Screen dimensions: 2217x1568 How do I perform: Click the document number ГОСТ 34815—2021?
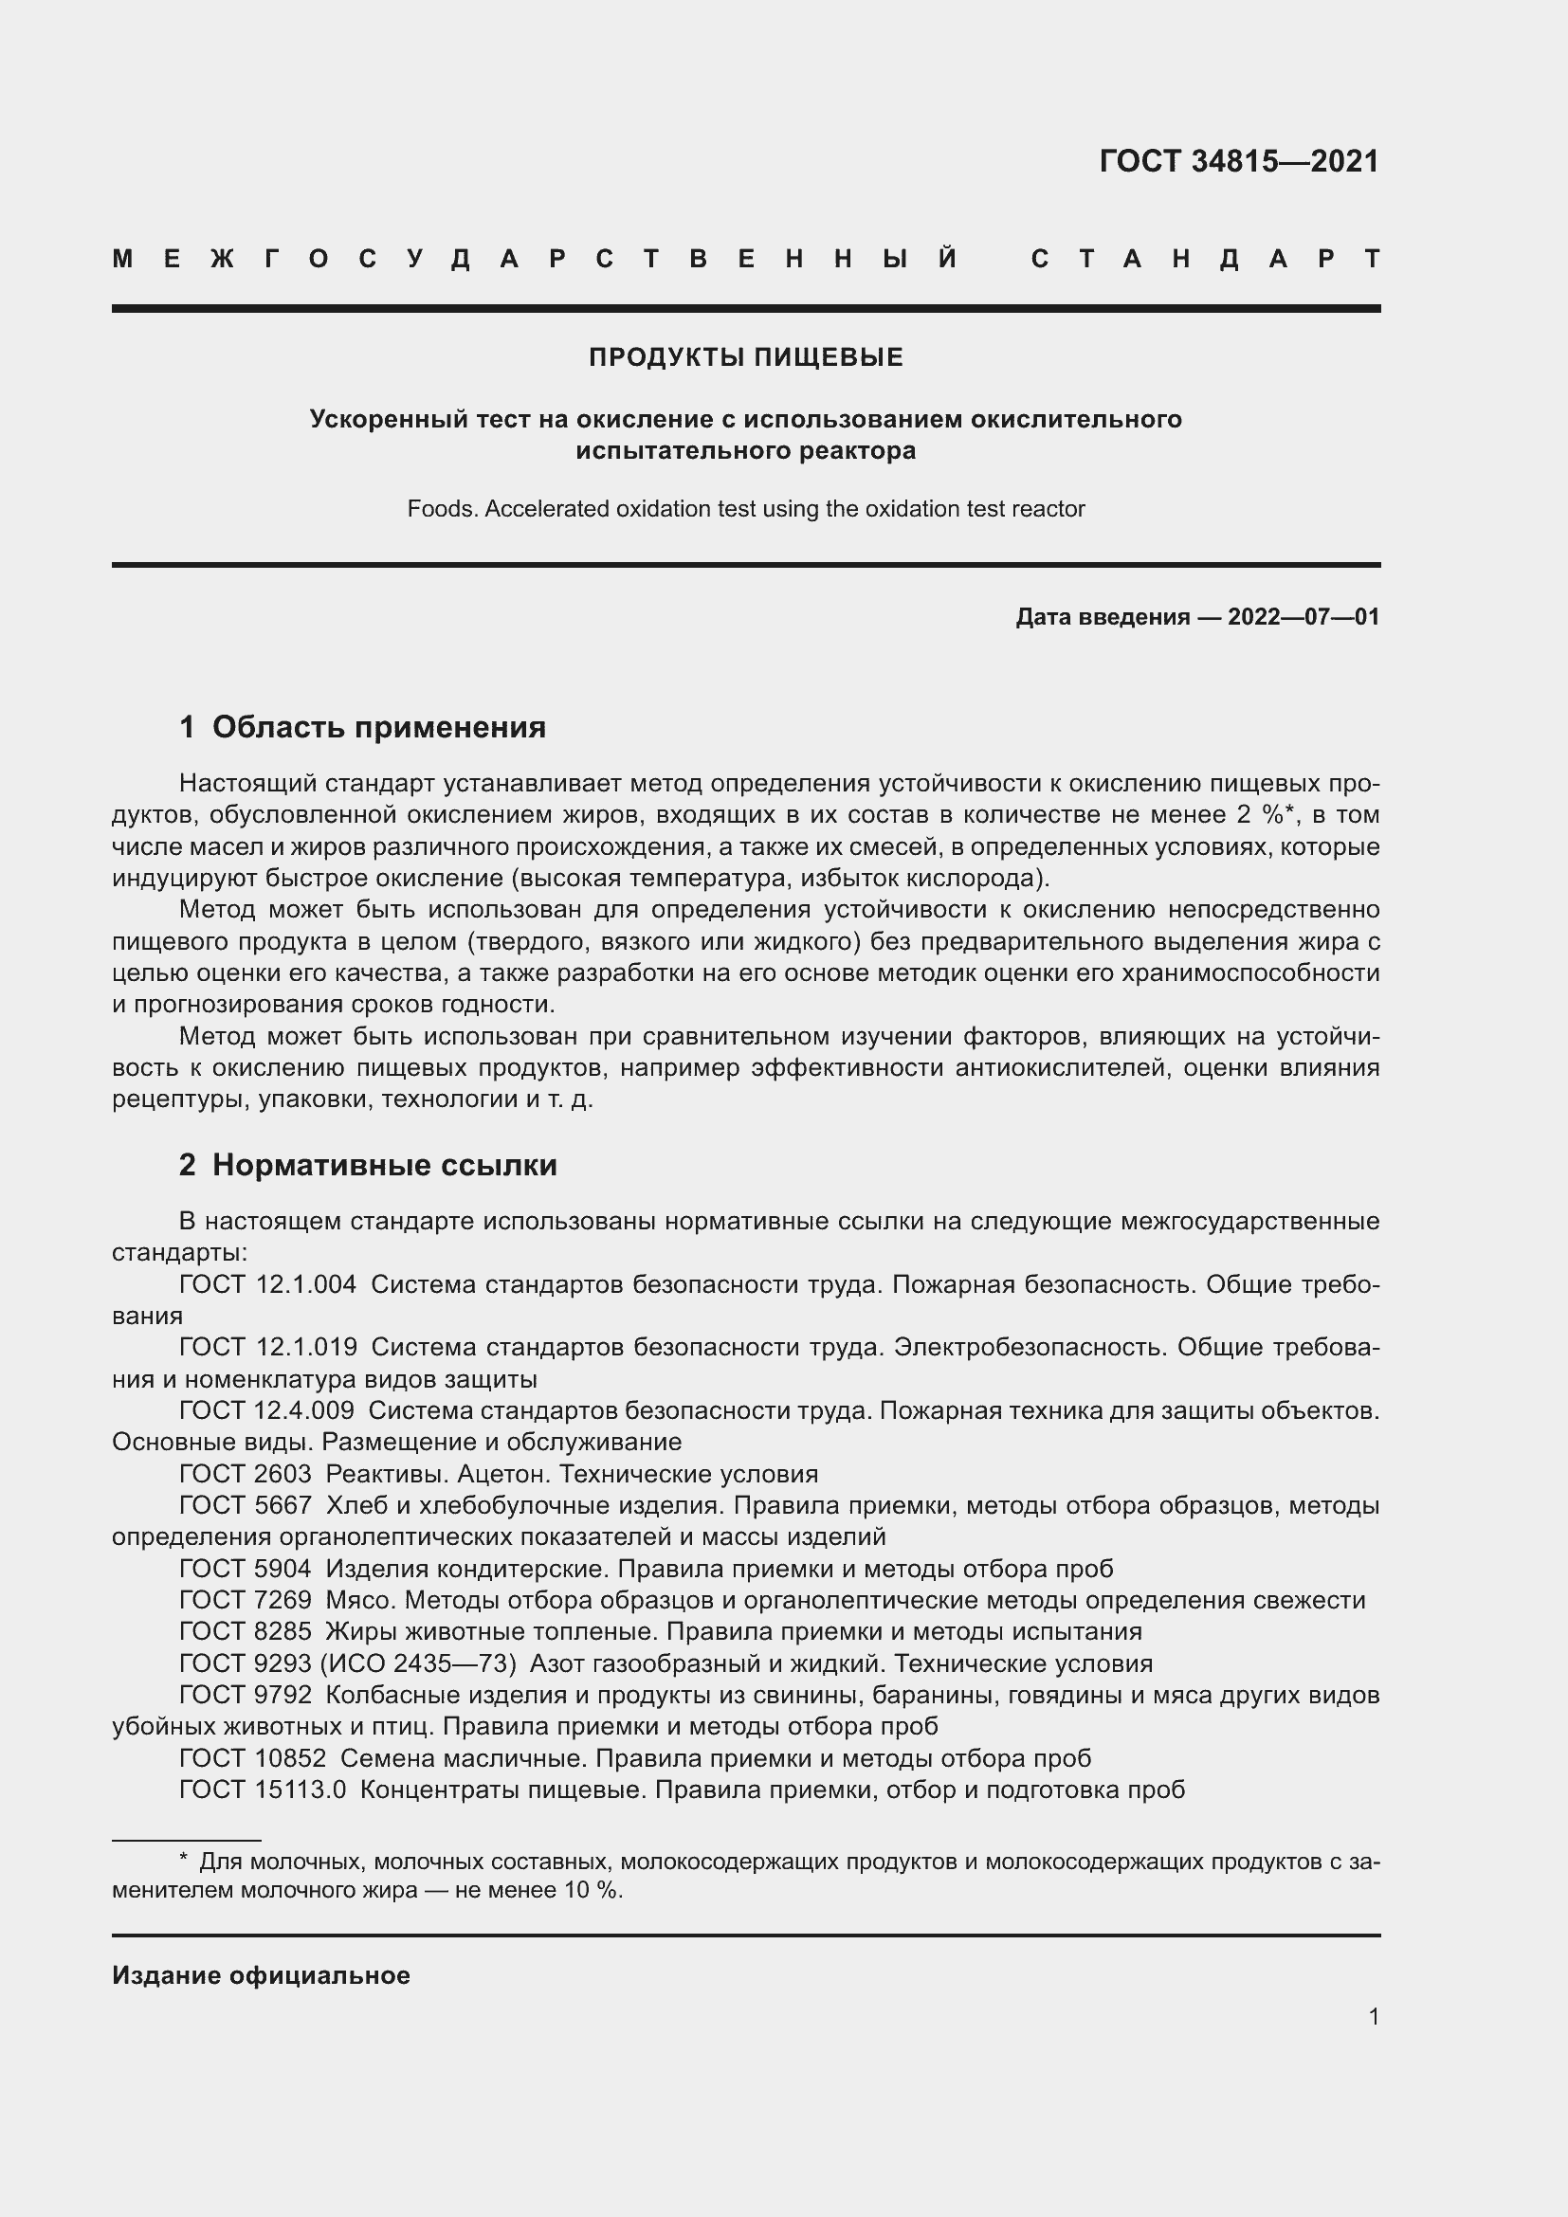pos(1239,161)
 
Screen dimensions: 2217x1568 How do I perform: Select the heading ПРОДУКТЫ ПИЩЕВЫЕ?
pos(745,357)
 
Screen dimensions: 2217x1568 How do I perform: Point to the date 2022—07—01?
pos(1303,617)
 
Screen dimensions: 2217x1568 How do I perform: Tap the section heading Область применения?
pos(378,727)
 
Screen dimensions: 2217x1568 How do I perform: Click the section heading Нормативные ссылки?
pos(384,1166)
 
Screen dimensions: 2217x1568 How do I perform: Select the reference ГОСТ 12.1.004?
pos(267,1285)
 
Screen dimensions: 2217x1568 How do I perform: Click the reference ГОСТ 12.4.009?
pos(266,1411)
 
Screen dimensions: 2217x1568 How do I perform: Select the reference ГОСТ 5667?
pos(246,1506)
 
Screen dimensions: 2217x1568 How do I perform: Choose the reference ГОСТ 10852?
pos(252,1759)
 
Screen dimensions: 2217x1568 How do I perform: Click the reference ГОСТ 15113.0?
pos(262,1790)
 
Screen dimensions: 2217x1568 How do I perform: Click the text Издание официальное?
pos(261,1975)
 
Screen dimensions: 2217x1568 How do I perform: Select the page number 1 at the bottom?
pos(1374,2017)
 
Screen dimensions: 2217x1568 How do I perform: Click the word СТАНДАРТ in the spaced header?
pos(1206,260)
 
